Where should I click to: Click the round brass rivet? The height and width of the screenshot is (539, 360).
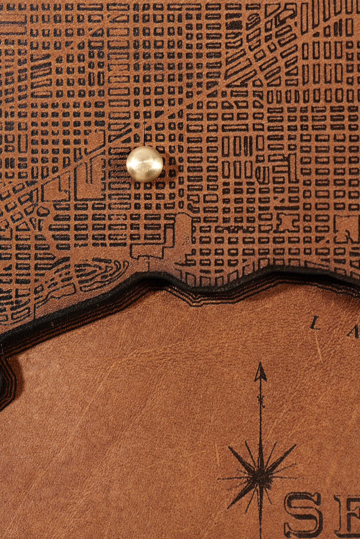tap(144, 164)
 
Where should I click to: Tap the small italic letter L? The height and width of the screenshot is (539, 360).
tap(315, 323)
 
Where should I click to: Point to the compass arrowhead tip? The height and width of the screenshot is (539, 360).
tap(260, 365)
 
